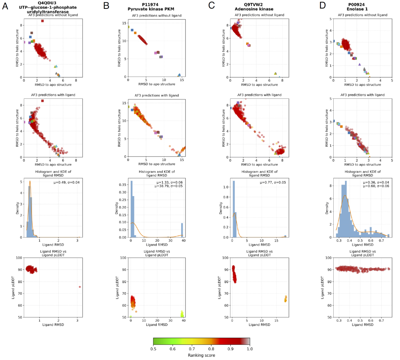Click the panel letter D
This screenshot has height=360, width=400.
coord(322,6)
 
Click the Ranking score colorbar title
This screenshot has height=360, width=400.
coord(201,355)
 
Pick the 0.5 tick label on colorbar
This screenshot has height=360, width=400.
coord(153,349)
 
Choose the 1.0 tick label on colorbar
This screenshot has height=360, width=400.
coord(250,349)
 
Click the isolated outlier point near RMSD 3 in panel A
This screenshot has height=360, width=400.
coord(80,287)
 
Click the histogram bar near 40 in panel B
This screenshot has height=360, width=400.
coord(182,230)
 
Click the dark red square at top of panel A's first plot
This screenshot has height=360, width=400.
coord(43,21)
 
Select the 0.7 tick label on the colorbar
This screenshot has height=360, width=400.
coord(191,349)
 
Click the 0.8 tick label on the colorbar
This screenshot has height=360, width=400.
coord(211,349)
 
